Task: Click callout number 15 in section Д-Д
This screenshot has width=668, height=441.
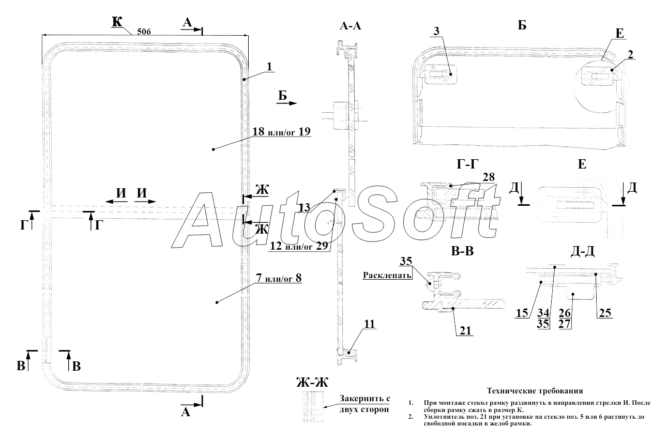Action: click(x=522, y=312)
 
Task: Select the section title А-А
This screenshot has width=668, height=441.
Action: click(x=350, y=26)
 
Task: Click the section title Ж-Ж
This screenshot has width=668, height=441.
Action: click(x=312, y=383)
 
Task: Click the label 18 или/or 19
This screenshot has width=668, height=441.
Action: click(x=281, y=131)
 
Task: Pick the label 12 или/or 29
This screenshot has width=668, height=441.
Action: click(x=299, y=247)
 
